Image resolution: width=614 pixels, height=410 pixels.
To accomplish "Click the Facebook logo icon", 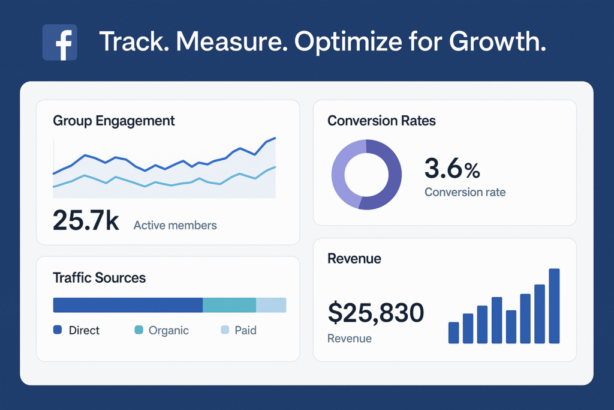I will coord(60,42).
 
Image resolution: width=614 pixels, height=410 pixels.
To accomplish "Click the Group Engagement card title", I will coord(114,121).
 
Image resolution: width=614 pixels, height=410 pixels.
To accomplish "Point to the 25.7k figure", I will coord(86,220).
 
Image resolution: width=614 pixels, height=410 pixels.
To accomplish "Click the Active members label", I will coord(175,226).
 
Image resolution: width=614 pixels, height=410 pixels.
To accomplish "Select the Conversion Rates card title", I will coord(381,121).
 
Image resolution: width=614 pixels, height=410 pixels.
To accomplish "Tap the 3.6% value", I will coord(452,169).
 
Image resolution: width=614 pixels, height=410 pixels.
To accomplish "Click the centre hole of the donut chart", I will coord(366,175).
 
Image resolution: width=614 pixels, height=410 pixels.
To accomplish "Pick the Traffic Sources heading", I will coord(99,278).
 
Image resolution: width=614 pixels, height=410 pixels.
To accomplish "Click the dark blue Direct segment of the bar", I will coord(128,305).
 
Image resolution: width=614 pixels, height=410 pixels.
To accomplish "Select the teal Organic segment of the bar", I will coord(229,305).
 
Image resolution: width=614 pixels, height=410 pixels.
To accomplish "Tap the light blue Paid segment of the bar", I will coord(271,305).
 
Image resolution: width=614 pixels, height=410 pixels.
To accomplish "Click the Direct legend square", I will coord(58,330).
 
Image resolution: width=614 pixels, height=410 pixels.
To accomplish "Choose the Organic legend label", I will coord(168,330).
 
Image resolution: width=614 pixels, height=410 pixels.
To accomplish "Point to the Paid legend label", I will coord(245,330).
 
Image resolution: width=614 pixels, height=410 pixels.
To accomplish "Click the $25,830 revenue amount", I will coord(376,313).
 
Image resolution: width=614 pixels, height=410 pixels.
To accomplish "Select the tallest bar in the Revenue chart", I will coord(554,306).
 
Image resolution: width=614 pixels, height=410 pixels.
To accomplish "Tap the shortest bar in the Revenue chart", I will coord(454,333).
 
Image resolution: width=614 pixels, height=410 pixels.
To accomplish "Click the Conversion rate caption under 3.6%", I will coord(465,193).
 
